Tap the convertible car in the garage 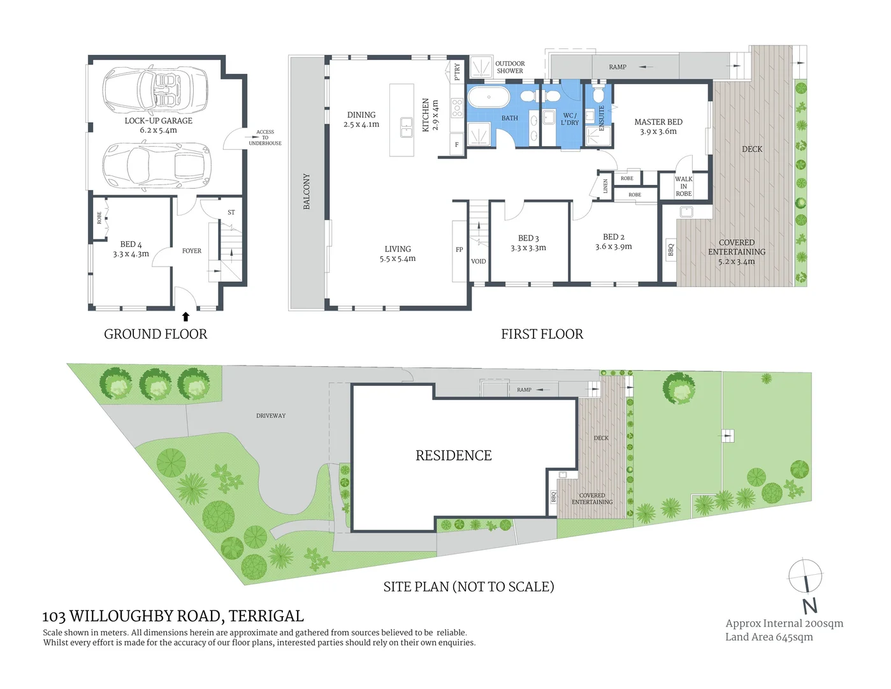point(155,89)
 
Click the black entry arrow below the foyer point(185,316)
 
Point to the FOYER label point(191,251)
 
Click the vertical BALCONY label point(306,191)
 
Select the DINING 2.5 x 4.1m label point(361,119)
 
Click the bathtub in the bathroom point(488,98)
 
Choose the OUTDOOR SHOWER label point(510,67)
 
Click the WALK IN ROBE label point(683,186)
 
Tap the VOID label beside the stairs point(478,261)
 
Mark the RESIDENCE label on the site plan point(453,456)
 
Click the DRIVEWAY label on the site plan point(271,415)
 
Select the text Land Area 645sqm point(769,637)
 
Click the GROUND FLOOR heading point(156,334)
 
